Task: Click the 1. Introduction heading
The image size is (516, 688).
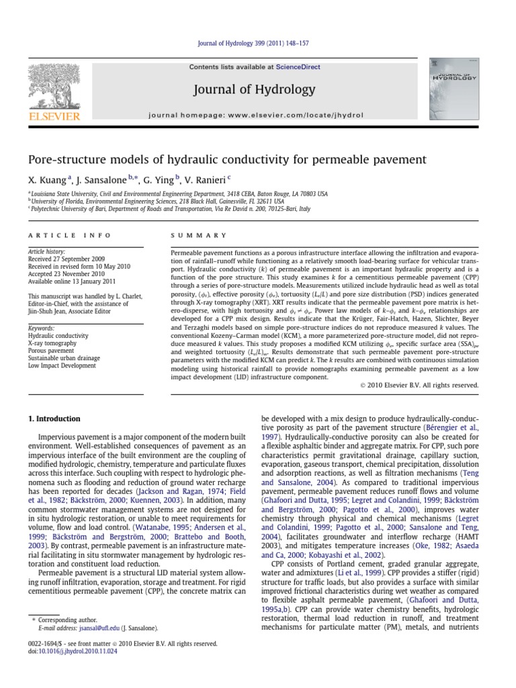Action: click(x=54, y=419)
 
